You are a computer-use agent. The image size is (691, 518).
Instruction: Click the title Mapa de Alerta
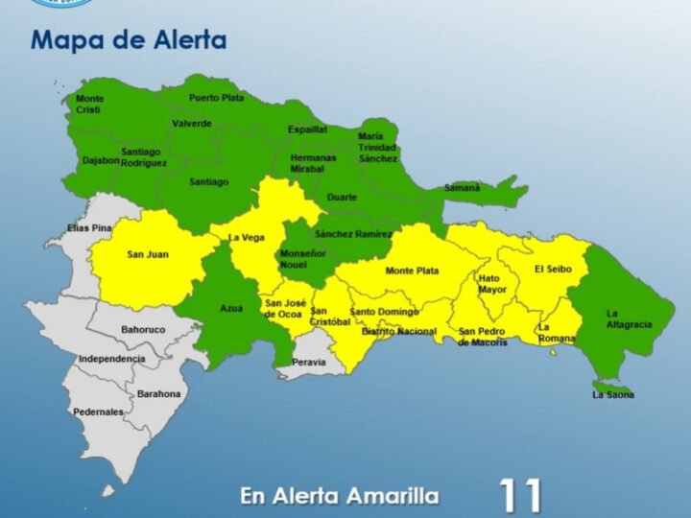[129, 40]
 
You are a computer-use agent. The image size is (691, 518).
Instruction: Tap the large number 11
[520, 496]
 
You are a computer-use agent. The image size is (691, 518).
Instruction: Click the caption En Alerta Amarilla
[340, 496]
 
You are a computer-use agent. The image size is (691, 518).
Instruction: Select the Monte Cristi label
[90, 105]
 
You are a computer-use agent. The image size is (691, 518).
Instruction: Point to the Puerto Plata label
[216, 98]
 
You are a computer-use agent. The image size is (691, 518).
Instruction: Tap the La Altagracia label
[629, 318]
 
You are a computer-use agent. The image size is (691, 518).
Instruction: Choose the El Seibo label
[553, 270]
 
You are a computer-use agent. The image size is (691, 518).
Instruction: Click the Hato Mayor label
[492, 283]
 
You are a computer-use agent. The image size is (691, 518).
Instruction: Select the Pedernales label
[99, 412]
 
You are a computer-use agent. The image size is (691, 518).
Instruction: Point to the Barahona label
[158, 393]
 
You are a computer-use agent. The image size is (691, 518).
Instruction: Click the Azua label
[231, 308]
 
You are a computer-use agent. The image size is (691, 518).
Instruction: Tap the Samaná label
[462, 188]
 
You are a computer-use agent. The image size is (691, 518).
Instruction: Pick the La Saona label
[613, 394]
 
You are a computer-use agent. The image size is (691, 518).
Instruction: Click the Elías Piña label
[89, 228]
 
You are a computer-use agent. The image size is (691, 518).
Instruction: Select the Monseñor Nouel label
[302, 258]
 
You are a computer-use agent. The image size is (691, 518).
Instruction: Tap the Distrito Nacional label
[398, 332]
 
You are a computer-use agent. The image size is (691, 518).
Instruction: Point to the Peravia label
[309, 363]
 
